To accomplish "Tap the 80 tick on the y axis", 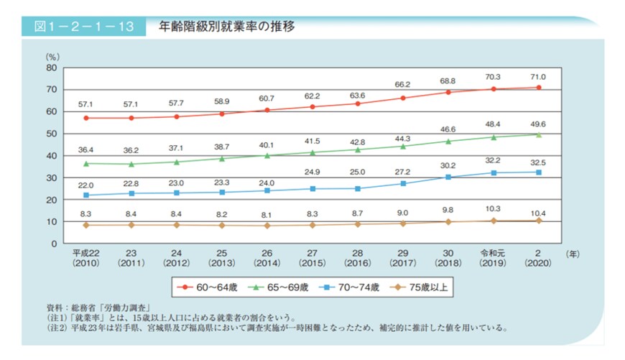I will point(51,68).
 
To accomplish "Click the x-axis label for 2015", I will point(312,259).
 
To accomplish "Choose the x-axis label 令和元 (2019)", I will point(493,259).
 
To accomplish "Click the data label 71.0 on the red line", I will point(538,77).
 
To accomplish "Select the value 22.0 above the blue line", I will point(86,185).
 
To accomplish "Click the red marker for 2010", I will point(86,118).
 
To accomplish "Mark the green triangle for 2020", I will point(538,134).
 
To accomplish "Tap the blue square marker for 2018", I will point(448,177).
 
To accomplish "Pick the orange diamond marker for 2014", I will point(267,226).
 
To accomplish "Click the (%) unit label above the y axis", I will point(52,55).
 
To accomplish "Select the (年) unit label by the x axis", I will point(573,254).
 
